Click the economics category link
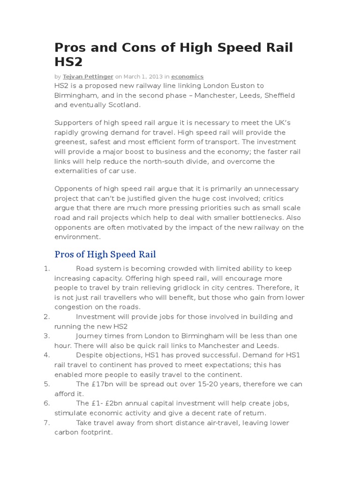tap(187, 76)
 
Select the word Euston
tap(245, 86)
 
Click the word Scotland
tap(124, 105)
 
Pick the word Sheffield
tap(279, 96)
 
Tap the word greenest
tap(72, 142)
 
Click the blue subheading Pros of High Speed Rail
tap(105, 255)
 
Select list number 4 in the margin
tap(46, 355)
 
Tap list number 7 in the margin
tap(46, 423)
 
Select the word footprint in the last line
tap(97, 432)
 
